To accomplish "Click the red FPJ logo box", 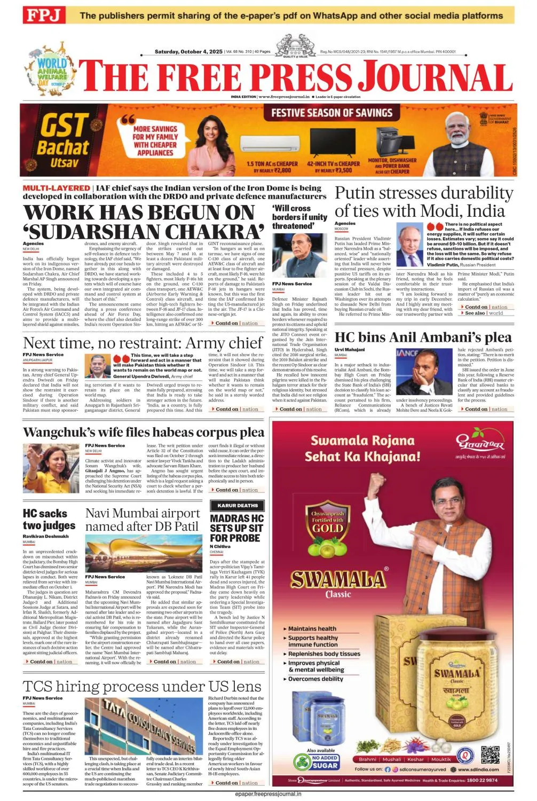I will point(43,15).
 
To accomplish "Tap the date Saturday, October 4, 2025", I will point(188,52).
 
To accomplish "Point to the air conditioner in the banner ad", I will point(272,141).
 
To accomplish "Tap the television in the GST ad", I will point(333,141).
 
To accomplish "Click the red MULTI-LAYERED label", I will point(56,188).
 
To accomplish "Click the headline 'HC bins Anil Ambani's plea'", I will point(423,337).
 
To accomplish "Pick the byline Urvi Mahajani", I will point(350,350).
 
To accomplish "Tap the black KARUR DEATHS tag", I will point(238,505).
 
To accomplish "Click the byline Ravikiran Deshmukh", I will point(45,536).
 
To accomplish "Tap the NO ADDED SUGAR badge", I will point(325,761).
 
